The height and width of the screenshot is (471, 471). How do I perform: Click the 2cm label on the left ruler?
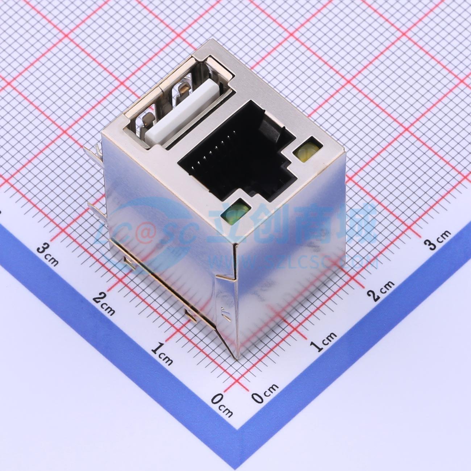coord(103,303)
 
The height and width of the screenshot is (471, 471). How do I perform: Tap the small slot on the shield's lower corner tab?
coord(226,314)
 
